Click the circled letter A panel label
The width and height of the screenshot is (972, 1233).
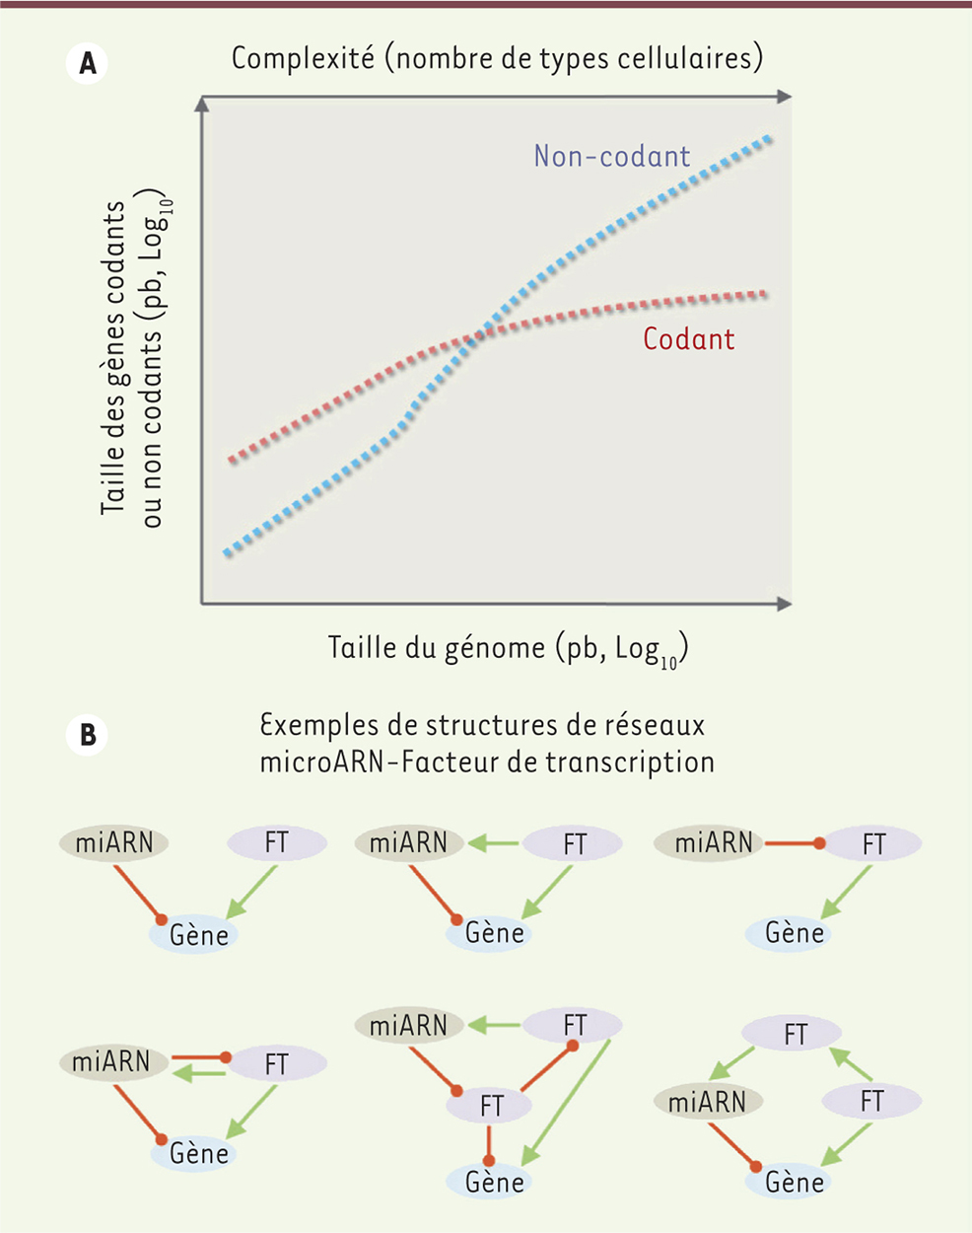point(88,64)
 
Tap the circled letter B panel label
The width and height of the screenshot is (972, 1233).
point(88,736)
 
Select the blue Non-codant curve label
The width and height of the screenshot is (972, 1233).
point(611,156)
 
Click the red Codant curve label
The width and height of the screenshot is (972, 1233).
point(688,339)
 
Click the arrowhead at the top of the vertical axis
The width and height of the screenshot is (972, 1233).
point(202,104)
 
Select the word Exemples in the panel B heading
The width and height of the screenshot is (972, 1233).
point(318,726)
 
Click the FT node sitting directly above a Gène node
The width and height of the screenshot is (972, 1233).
point(491,1107)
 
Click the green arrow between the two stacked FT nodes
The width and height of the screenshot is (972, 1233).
point(852,1067)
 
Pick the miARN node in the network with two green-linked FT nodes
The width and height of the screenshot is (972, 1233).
point(707,1102)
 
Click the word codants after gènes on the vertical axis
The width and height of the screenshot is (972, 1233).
point(115,252)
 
